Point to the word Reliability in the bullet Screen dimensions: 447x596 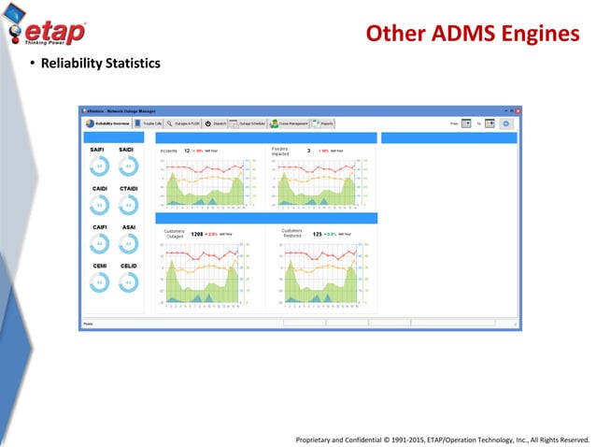(x=68, y=64)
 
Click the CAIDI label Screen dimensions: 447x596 (x=98, y=189)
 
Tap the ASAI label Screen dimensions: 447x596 (x=129, y=227)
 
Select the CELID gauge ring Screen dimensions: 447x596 (x=128, y=281)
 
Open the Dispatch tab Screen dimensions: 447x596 (x=216, y=123)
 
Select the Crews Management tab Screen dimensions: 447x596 (x=290, y=123)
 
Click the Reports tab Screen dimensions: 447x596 (x=324, y=123)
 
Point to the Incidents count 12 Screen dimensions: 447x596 (x=187, y=149)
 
